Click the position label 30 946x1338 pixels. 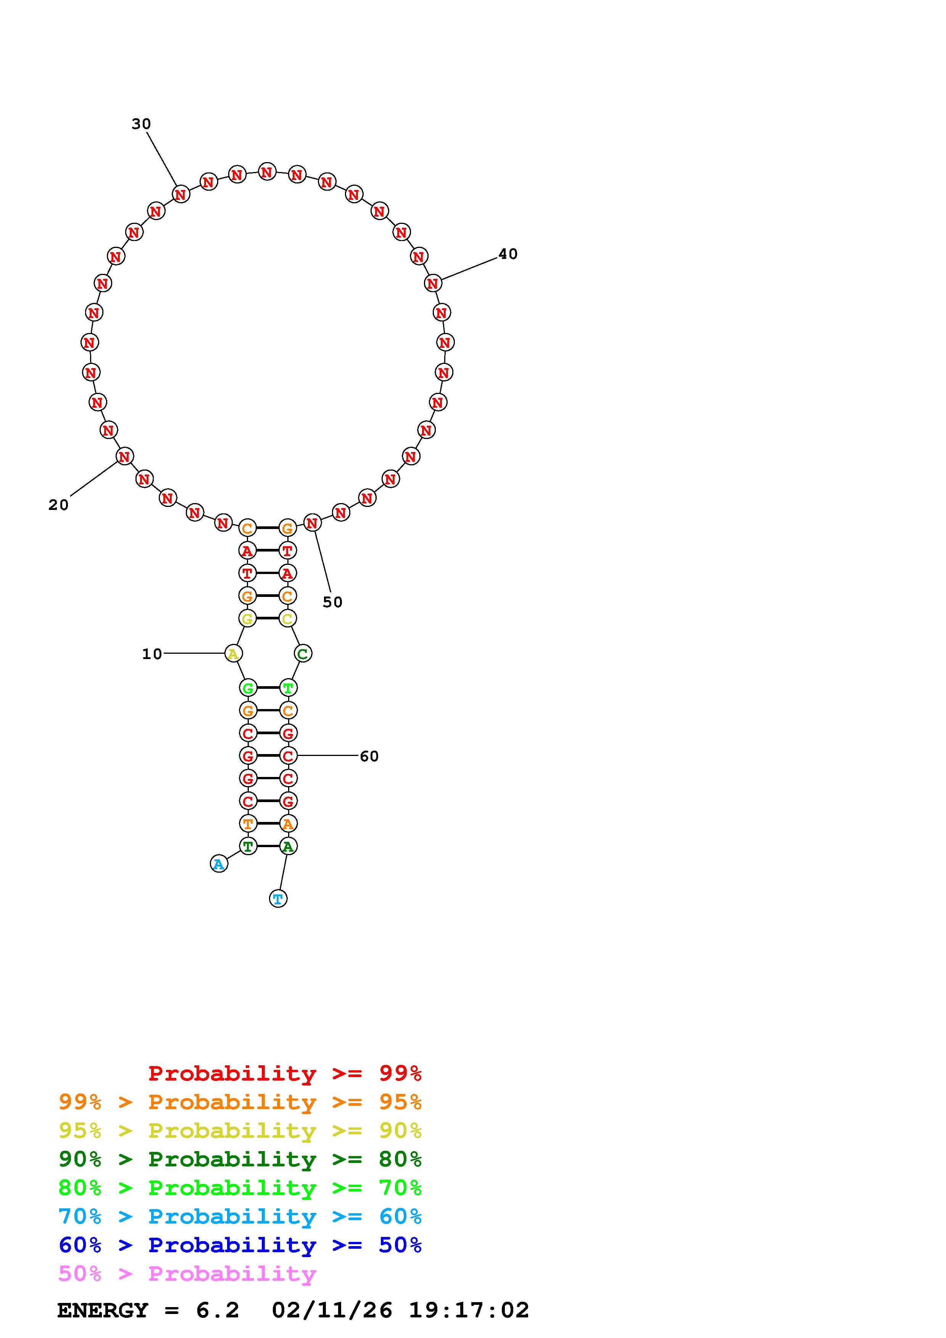[x=141, y=124]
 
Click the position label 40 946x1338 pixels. [x=508, y=254]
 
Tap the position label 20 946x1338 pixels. [x=58, y=505]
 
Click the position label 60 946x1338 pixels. [x=369, y=756]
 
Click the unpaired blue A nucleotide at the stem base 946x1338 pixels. [x=219, y=864]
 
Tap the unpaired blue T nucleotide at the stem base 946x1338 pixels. [x=278, y=899]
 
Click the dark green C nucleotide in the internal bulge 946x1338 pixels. [x=303, y=654]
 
